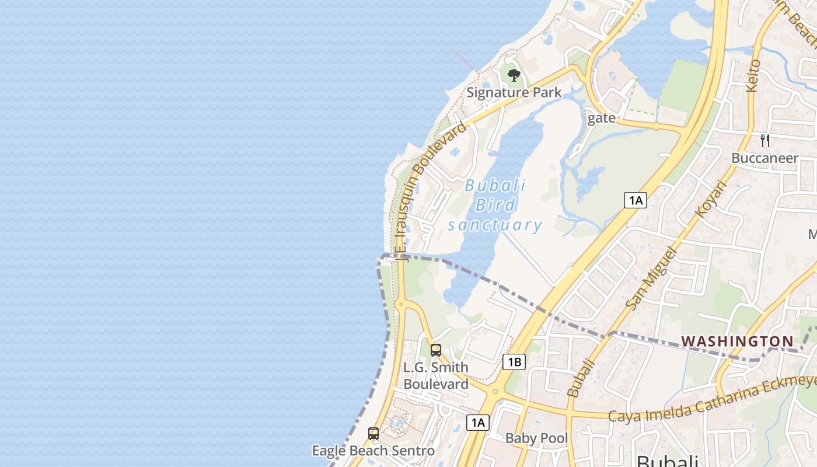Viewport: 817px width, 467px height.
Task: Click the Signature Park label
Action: coord(514,92)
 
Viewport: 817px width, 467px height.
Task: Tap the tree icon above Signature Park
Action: coord(514,75)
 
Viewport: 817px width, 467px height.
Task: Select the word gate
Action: coord(602,118)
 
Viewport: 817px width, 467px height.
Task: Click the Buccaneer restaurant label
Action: coord(764,158)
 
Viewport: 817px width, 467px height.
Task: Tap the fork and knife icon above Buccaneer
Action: coord(765,141)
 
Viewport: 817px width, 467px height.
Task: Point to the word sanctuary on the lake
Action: coord(495,225)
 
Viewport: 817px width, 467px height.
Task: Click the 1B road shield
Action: coord(514,362)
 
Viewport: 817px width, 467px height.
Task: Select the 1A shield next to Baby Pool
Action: coord(477,423)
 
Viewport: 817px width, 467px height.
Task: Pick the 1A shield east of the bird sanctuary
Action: coord(635,200)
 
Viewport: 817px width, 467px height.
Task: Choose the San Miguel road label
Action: coord(651,278)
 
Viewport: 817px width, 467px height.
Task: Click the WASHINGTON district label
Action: coord(737,341)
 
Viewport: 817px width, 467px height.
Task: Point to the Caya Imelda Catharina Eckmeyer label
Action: coord(712,400)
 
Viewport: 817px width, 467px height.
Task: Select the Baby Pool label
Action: coord(536,438)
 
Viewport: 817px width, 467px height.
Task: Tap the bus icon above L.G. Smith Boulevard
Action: coord(436,350)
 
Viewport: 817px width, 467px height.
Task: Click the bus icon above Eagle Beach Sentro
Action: coord(373,434)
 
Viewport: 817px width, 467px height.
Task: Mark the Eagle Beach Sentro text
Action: coord(373,451)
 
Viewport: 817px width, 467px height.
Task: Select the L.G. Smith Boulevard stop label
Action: coord(436,376)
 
